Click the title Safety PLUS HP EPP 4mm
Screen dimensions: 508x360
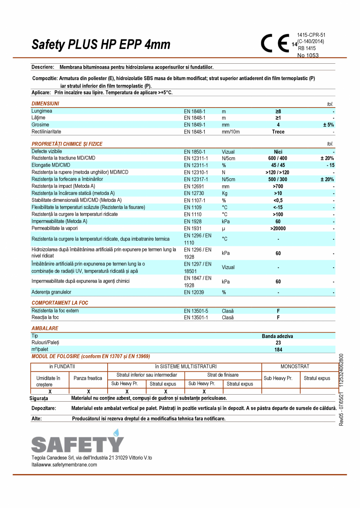pos(101,45)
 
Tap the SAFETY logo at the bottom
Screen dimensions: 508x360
pos(77,442)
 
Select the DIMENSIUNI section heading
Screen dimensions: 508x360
pos(45,104)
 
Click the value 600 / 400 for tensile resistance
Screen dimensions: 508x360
pos(278,158)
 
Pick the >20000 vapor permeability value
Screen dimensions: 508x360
pos(278,228)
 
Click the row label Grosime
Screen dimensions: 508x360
pos(40,125)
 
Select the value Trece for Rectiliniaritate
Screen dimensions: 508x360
pos(278,132)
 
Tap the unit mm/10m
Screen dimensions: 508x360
pos(230,132)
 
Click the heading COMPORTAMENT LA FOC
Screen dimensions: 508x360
pos(60,303)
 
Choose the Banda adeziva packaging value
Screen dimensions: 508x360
pos(277,336)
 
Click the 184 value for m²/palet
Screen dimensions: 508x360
pos(278,350)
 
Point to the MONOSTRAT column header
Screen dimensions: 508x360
pos(295,366)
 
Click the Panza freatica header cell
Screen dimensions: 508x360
pos(88,378)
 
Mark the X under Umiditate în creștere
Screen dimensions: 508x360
pos(50,391)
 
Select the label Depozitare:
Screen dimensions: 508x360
pos(43,408)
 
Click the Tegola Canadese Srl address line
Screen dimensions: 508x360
pos(92,458)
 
